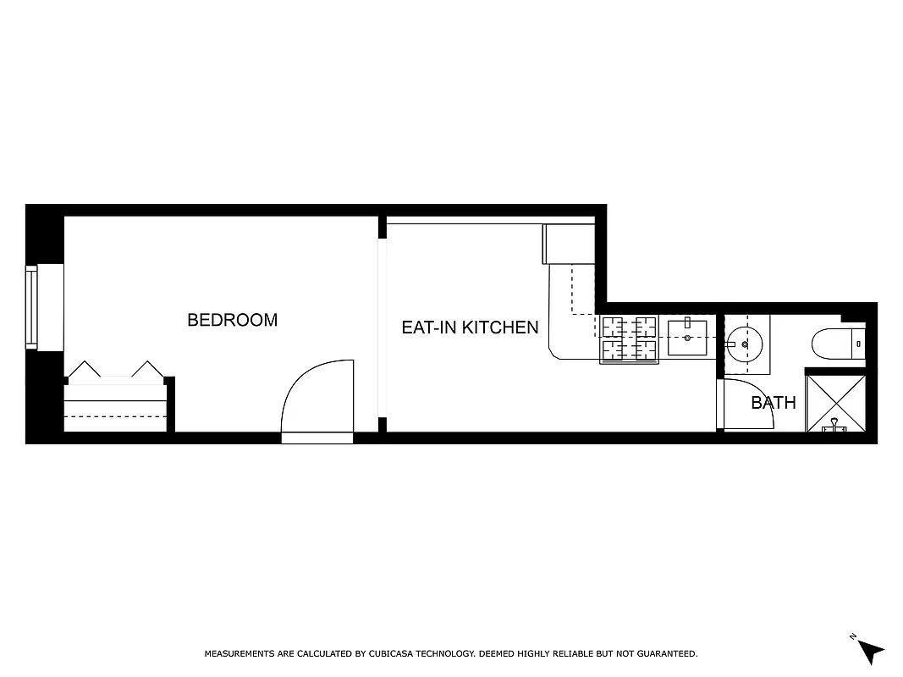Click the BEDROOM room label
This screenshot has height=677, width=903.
(x=232, y=320)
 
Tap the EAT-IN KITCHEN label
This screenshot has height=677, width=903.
(x=470, y=327)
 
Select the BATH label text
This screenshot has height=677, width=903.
(x=774, y=403)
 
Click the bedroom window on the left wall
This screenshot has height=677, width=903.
(x=32, y=307)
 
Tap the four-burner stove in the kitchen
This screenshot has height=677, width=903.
(x=630, y=338)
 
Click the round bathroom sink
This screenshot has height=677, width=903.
(x=745, y=344)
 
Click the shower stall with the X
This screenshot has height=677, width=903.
(x=834, y=403)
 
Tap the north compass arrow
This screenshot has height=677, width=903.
(x=868, y=650)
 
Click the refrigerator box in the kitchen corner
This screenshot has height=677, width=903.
(x=569, y=244)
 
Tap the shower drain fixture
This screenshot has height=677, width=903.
(x=834, y=426)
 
